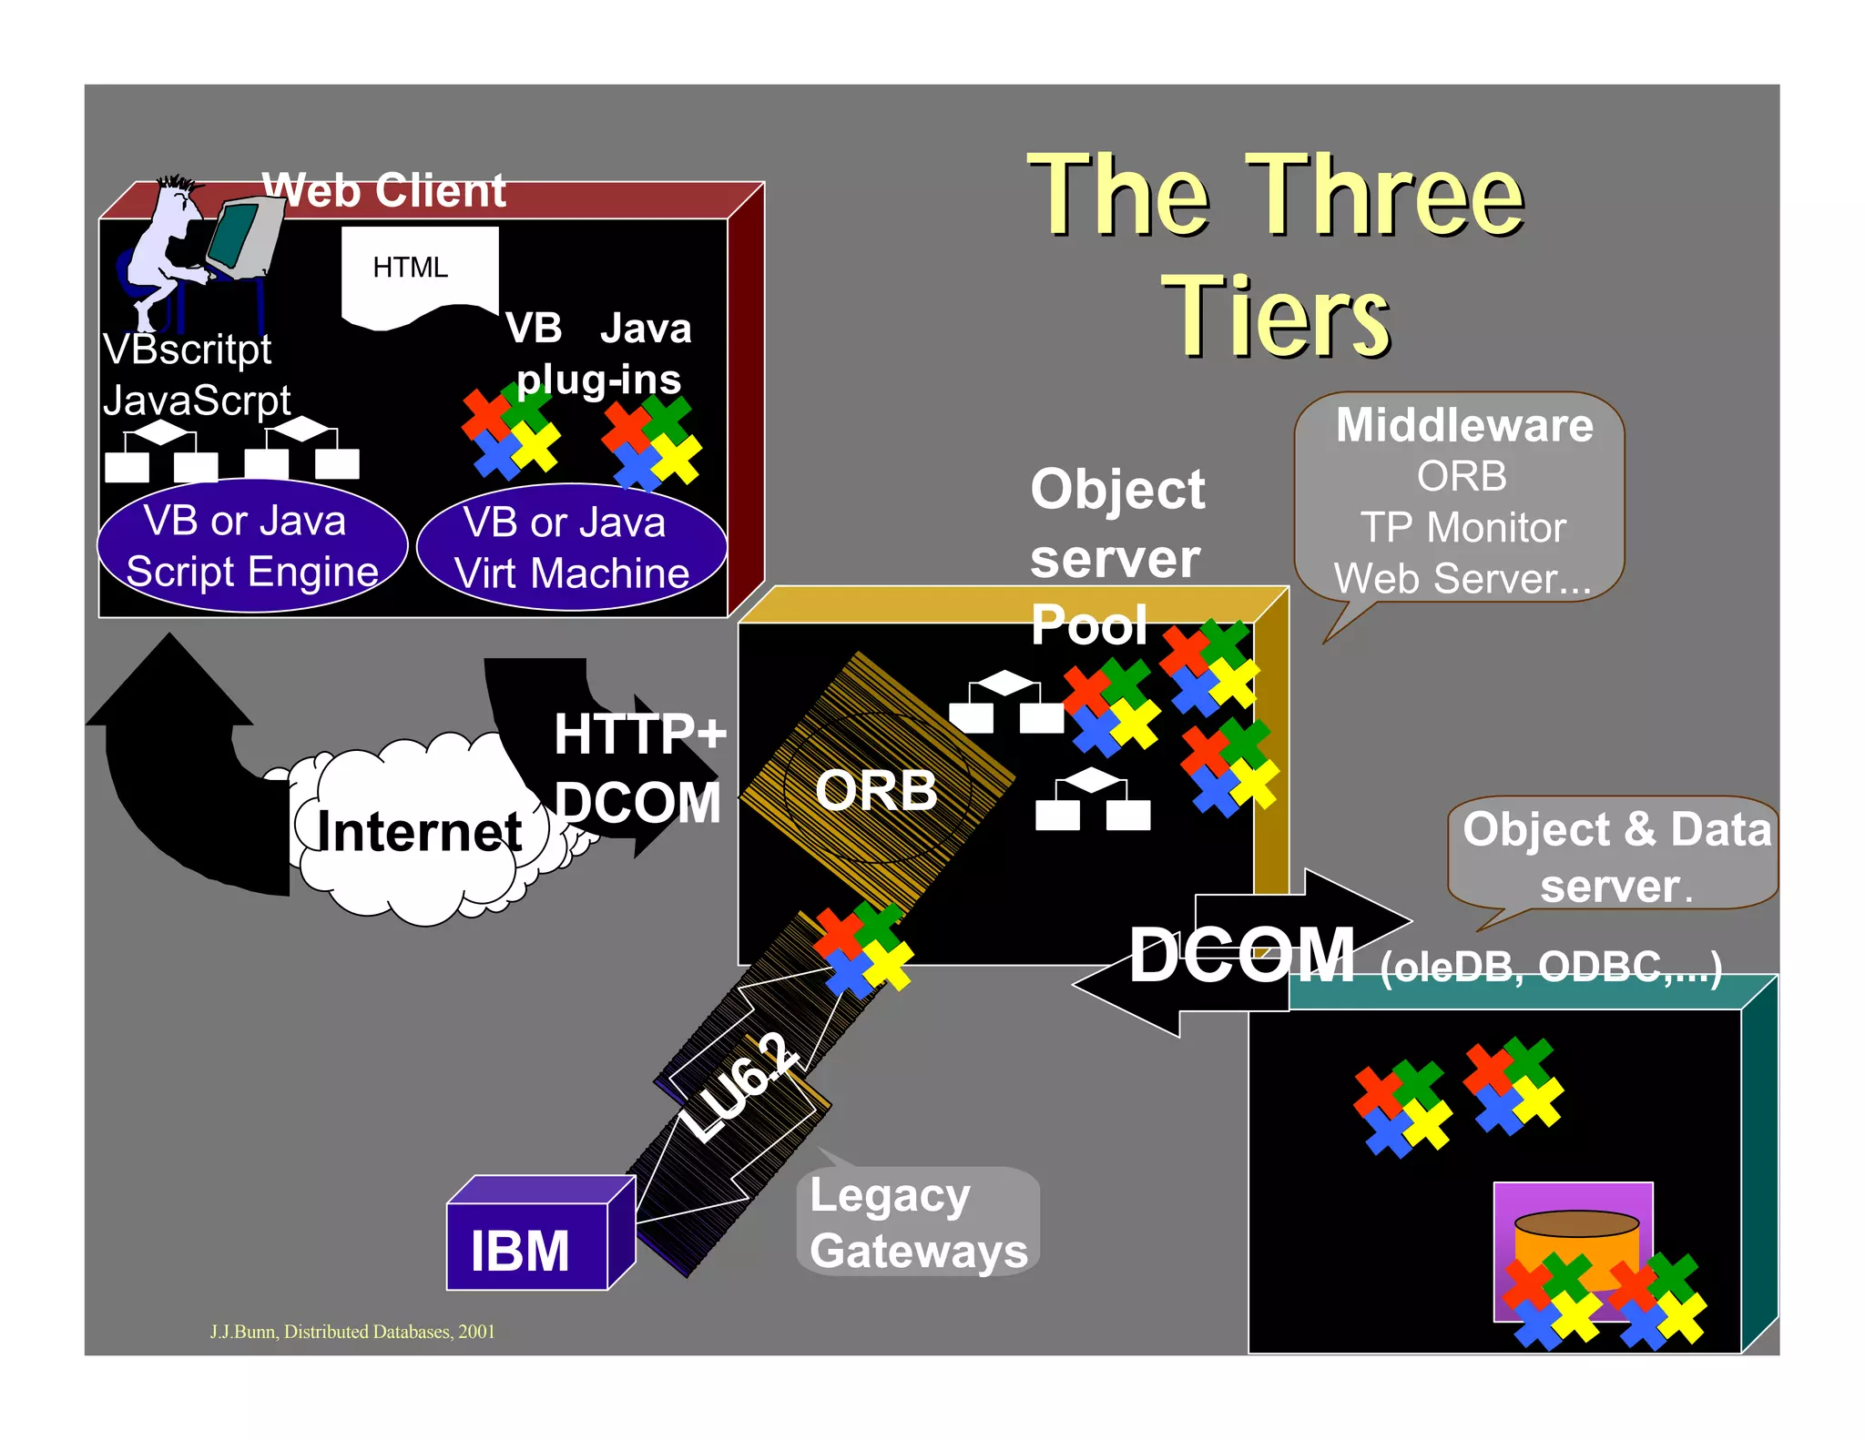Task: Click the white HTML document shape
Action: [419, 273]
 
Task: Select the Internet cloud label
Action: [419, 831]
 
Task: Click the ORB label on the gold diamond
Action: [876, 789]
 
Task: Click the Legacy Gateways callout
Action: [918, 1222]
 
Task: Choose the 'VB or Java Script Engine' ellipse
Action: [252, 546]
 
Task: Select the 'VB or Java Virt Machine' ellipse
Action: [572, 548]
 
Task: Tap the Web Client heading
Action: [383, 191]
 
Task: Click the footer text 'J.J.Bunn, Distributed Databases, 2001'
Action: [352, 1331]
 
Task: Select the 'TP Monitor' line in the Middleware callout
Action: [1462, 528]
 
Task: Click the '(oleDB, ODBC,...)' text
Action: [1551, 967]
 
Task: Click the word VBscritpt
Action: [188, 350]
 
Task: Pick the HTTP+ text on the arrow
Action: [640, 734]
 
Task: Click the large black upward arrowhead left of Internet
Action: [169, 683]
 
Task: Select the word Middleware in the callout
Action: [1464, 425]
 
